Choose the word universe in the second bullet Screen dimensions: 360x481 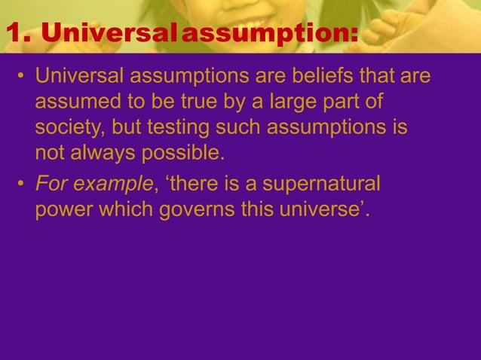[x=326, y=211]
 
